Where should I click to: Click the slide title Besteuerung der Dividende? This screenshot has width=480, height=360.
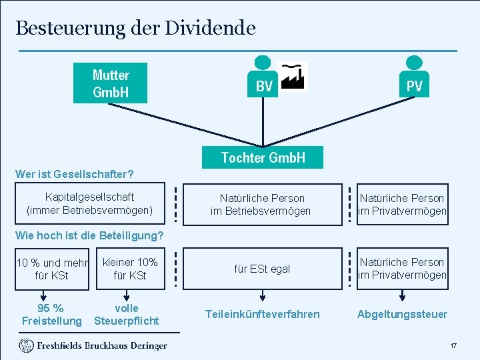pyautogui.click(x=135, y=28)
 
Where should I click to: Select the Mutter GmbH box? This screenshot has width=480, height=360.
pyautogui.click(x=111, y=83)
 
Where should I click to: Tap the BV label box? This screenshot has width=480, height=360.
pyautogui.click(x=264, y=86)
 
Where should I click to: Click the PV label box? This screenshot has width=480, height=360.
pyautogui.click(x=414, y=86)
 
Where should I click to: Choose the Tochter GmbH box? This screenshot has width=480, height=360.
pyautogui.click(x=263, y=157)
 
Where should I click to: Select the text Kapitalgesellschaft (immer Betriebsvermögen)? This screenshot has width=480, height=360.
pyautogui.click(x=89, y=204)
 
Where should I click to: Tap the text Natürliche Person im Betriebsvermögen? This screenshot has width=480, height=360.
pyautogui.click(x=261, y=205)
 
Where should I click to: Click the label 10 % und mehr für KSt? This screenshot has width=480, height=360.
pyautogui.click(x=51, y=269)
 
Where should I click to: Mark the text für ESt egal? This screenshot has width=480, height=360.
pyautogui.click(x=262, y=269)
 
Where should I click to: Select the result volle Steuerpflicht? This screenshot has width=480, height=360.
pyautogui.click(x=127, y=315)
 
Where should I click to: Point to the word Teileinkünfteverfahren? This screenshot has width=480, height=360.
pyautogui.click(x=262, y=314)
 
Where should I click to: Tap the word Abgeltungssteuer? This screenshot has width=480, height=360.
pyautogui.click(x=402, y=314)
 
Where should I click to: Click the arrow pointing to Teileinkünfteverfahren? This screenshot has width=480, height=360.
pyautogui.click(x=263, y=295)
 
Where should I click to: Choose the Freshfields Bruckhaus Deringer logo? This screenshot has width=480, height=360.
pyautogui.click(x=93, y=345)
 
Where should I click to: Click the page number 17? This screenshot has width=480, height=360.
pyautogui.click(x=453, y=346)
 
